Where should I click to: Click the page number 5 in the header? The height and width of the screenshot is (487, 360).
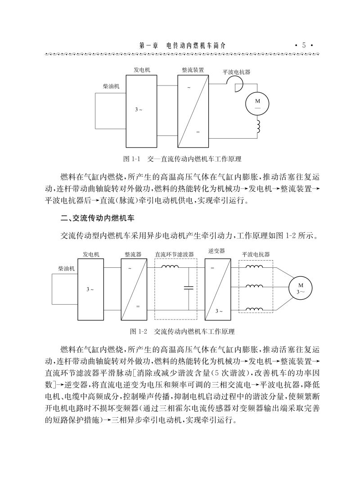click(x=304, y=45)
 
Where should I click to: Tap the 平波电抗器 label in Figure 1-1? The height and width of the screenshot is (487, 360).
click(x=237, y=72)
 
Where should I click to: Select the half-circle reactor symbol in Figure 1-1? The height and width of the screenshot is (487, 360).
click(x=234, y=83)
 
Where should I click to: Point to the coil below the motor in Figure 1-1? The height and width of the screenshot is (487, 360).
click(x=258, y=127)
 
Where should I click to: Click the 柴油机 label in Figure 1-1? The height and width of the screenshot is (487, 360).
click(x=111, y=86)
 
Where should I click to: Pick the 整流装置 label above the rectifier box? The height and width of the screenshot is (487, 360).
click(x=193, y=70)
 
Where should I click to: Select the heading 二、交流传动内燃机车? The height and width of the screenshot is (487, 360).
click(x=98, y=219)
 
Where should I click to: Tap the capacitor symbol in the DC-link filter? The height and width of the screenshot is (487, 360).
click(x=188, y=288)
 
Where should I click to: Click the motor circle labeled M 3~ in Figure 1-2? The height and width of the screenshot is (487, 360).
click(x=300, y=288)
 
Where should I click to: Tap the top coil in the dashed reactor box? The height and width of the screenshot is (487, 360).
click(x=255, y=266)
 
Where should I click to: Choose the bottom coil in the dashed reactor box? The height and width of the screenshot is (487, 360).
click(x=255, y=309)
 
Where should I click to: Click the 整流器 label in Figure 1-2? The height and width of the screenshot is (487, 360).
click(x=133, y=254)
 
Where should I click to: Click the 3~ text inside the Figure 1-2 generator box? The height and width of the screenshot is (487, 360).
click(x=90, y=289)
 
